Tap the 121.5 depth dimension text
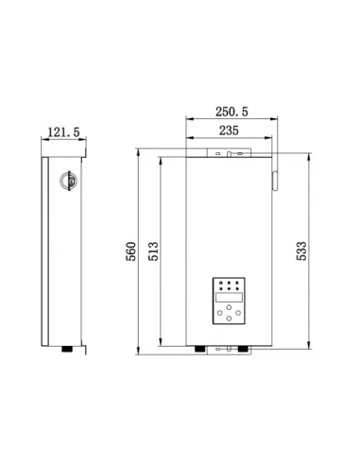tap(63, 133)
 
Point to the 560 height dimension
tap(131, 250)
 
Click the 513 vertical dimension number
tap(152, 250)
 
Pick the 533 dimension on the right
tap(302, 250)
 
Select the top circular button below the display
tap(229, 309)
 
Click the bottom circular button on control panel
tap(229, 322)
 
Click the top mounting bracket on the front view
tap(231, 150)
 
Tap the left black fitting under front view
tap(199, 349)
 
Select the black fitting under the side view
tap(67, 349)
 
